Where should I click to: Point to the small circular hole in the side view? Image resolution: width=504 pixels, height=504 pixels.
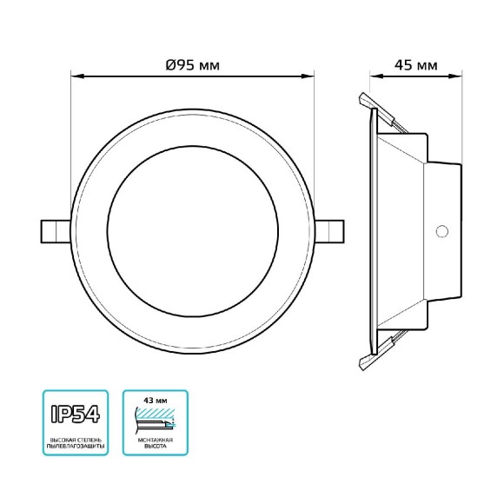441,231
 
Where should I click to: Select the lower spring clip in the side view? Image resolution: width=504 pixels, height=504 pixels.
382,349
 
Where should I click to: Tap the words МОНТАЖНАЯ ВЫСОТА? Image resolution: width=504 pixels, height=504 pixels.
155,445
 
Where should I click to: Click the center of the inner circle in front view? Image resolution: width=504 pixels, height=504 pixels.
191,231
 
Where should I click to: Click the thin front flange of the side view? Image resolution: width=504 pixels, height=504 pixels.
373,230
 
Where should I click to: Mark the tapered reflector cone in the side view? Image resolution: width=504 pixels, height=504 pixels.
400,230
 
